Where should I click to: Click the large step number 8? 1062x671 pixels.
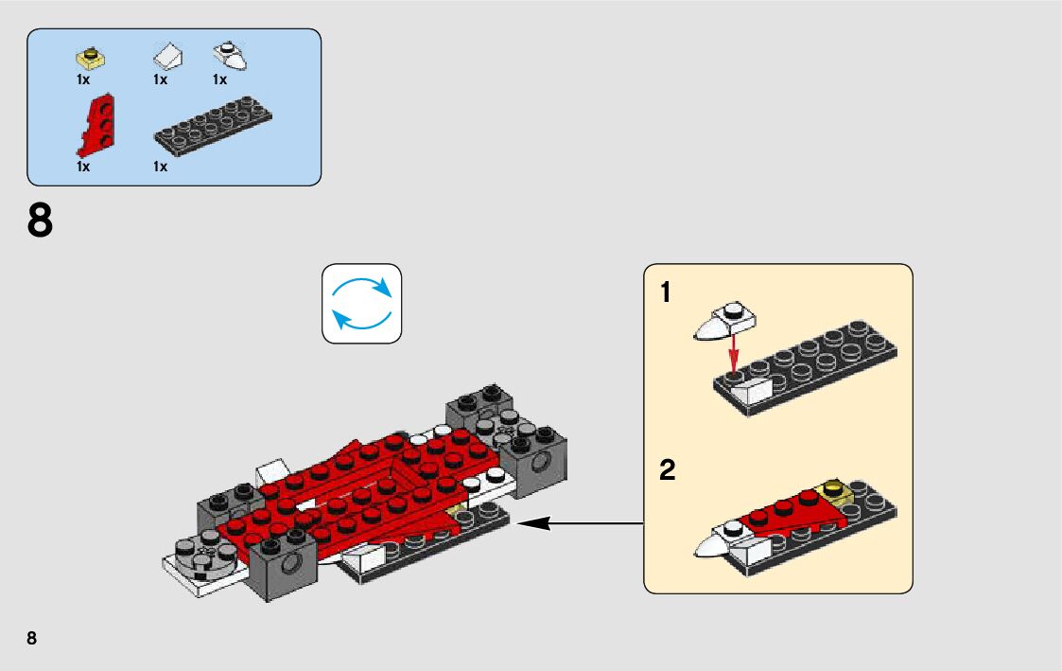click(x=40, y=221)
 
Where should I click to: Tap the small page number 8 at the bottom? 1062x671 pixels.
click(x=32, y=638)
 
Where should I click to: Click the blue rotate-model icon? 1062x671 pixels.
click(x=362, y=303)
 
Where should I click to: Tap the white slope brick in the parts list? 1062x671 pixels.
click(x=167, y=58)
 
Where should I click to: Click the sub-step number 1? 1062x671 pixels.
click(x=666, y=293)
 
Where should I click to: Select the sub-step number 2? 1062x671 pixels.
click(x=668, y=470)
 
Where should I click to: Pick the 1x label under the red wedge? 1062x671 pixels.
click(x=83, y=167)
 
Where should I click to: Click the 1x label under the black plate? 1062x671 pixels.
click(x=160, y=167)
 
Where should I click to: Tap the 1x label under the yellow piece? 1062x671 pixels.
click(x=83, y=79)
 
